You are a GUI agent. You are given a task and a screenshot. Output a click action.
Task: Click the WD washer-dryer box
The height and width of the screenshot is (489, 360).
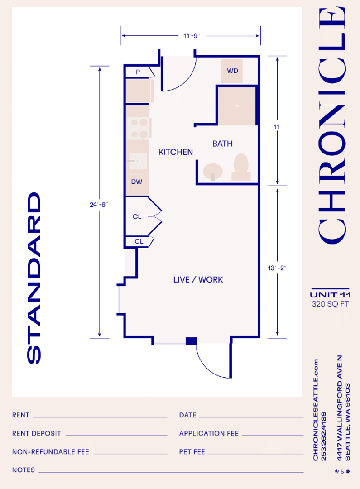click(x=231, y=71)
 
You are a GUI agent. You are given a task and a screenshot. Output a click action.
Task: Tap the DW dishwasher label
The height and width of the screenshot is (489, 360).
click(x=137, y=182)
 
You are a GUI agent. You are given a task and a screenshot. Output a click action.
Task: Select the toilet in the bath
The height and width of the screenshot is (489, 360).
click(x=241, y=167)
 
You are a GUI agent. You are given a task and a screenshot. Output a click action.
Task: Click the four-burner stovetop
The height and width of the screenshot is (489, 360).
click(x=139, y=128)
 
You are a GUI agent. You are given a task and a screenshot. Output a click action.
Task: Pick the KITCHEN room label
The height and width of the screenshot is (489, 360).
click(x=176, y=152)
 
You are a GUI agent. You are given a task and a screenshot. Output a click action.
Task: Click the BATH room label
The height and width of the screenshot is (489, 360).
click(x=222, y=144)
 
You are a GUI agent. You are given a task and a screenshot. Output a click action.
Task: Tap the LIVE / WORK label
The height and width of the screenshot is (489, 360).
click(x=198, y=280)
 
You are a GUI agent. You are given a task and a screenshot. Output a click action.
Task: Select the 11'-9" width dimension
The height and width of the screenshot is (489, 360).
click(x=192, y=36)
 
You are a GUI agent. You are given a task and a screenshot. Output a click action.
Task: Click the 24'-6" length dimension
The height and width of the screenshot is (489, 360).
click(x=99, y=205)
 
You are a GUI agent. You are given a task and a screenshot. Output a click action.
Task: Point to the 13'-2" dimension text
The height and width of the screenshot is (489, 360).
click(x=277, y=268)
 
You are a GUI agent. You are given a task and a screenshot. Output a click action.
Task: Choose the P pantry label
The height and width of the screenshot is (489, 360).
click(x=138, y=72)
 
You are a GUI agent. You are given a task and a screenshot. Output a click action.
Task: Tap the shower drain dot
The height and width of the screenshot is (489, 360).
click(x=237, y=106)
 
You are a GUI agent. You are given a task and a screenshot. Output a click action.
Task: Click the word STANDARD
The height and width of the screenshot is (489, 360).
click(x=34, y=278)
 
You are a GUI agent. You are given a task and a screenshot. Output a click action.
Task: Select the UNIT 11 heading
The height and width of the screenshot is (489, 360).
click(x=331, y=295)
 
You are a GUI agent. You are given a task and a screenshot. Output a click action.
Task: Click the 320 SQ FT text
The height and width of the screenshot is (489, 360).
click(x=331, y=304)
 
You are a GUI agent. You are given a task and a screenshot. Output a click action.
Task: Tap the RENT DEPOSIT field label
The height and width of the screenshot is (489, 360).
click(x=37, y=433)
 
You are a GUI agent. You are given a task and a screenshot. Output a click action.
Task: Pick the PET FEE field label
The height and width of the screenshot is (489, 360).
click(x=192, y=452)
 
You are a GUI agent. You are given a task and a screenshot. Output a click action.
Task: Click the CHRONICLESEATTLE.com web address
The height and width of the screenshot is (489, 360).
click(x=316, y=410)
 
